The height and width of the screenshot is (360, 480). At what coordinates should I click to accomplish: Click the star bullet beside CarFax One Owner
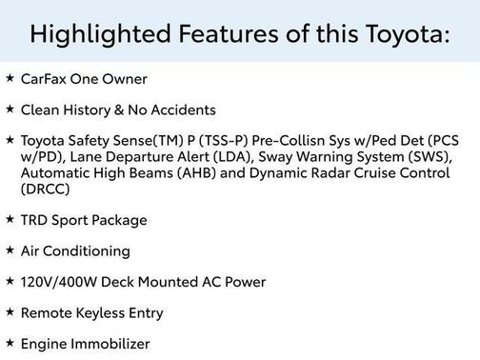point(10,78)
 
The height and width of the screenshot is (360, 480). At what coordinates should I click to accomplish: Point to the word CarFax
point(44,79)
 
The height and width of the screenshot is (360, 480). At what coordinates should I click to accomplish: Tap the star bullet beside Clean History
point(10,109)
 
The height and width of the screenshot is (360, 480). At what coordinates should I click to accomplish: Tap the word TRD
point(34,220)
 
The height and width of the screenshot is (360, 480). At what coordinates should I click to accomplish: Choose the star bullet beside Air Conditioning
point(10,250)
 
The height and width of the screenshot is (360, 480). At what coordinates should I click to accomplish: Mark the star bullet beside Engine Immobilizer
point(10,343)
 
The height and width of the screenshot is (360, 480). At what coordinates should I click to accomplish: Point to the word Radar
point(335,173)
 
